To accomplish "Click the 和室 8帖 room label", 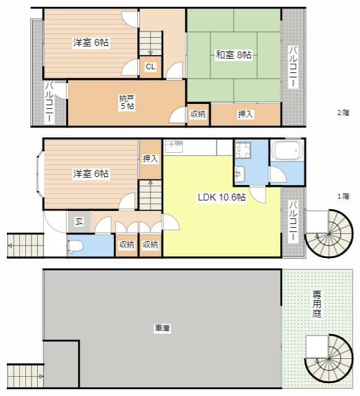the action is pos(233,55).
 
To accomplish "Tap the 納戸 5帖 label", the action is pos(127,102).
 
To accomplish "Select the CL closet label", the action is pos(150,67).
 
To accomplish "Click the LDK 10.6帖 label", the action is pos(221,197).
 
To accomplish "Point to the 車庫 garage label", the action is pos(162,329).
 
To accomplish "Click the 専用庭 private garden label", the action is pos(317,304).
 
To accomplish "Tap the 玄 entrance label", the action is pos(79,222).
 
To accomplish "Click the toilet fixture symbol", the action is pos(75,246).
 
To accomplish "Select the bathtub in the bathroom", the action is pos(287,150).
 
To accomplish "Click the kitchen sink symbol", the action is pos(174,147).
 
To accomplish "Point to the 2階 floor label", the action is pos(343,113).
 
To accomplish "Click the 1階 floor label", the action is pos(343,196).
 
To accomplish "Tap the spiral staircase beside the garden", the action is pos(329,360).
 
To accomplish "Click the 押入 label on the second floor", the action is pos(245,114).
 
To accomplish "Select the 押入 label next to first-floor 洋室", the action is pos(150,159).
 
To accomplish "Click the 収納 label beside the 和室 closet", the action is pos(198,114).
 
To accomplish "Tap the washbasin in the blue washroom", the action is pos(240,174).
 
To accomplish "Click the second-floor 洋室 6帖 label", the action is pos(91,43).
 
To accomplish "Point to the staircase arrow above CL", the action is pos(150,53).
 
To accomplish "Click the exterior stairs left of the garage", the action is pos(25,376).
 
